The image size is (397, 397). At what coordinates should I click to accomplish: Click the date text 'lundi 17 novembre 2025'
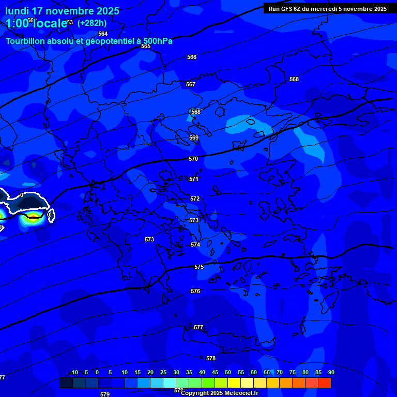(62, 11)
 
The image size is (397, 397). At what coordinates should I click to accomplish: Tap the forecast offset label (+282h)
(92, 23)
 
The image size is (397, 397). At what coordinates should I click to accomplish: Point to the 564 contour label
(103, 34)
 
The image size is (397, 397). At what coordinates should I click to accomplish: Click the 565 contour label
(146, 46)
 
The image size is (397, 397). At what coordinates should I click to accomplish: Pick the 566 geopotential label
(192, 57)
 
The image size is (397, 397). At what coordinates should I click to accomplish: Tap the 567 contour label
(191, 84)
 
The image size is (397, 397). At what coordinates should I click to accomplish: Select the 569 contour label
(194, 138)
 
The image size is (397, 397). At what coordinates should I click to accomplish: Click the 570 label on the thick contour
(193, 159)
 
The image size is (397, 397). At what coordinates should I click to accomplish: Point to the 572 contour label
(195, 198)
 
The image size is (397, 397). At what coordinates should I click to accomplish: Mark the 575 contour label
(199, 267)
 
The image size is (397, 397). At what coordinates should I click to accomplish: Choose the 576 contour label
(195, 291)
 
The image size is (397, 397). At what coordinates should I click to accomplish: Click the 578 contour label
(211, 358)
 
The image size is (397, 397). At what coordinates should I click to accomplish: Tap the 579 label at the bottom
(105, 394)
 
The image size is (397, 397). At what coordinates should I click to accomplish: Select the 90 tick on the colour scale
(331, 372)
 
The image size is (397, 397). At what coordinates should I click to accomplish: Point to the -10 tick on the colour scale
(74, 372)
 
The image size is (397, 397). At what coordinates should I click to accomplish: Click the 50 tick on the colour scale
(228, 372)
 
